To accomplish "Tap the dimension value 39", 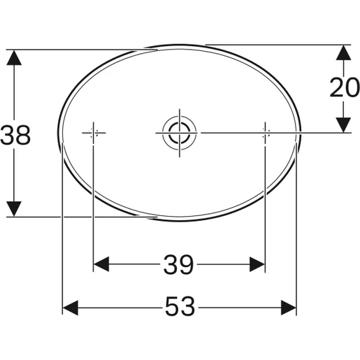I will pyautogui.click(x=179, y=264).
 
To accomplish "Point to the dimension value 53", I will pyautogui.click(x=179, y=306).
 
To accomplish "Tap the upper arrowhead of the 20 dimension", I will pyautogui.click(x=343, y=53).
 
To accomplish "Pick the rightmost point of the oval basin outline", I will pyautogui.click(x=302, y=133).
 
